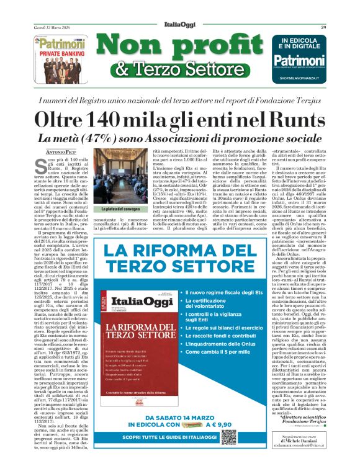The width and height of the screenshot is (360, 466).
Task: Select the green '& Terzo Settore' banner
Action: click(178, 69)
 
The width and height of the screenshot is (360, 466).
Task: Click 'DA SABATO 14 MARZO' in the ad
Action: click(163, 417)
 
